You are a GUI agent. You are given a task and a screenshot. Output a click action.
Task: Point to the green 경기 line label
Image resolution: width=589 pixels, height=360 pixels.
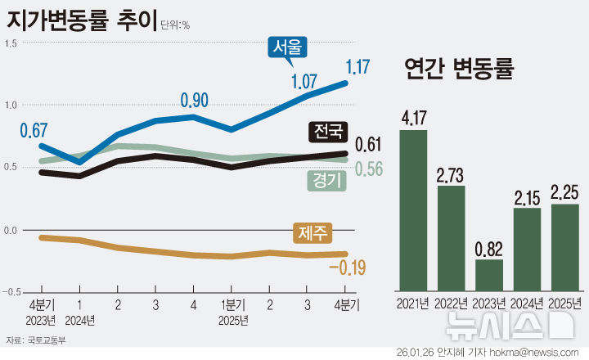tap(325, 180)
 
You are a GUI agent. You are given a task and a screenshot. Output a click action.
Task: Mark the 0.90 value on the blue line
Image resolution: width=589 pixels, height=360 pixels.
tap(195, 101)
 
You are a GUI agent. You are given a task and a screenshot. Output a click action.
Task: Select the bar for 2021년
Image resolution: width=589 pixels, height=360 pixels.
tap(414, 209)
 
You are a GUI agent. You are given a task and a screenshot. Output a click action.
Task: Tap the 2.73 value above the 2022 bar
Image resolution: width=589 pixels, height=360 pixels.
tap(451, 175)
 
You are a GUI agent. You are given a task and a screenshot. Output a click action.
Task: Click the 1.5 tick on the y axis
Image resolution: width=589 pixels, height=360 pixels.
tap(11, 43)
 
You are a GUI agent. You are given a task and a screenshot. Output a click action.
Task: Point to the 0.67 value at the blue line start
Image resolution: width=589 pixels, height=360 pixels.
tap(34, 130)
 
